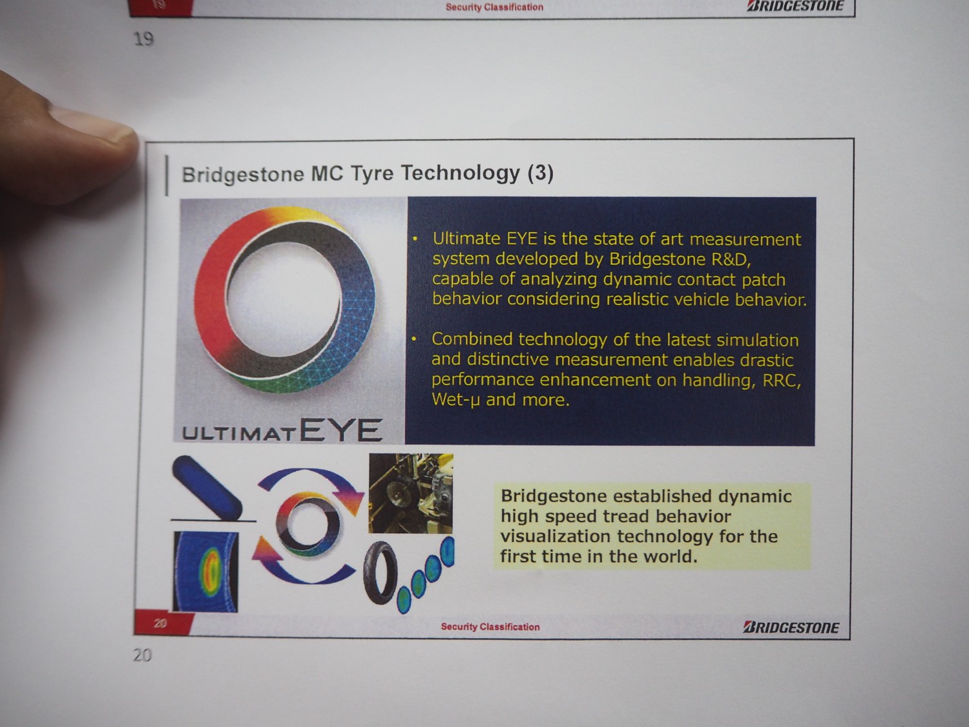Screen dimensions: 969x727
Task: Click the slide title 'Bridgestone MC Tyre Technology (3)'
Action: pos(368,174)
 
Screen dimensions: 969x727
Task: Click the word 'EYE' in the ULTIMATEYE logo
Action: pos(341,430)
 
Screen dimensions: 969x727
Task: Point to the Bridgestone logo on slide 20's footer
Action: pos(791,627)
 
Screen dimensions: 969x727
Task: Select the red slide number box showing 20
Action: pos(162,622)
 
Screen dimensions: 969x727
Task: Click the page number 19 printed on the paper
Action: pos(143,39)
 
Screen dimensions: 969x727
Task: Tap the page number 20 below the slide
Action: pos(142,655)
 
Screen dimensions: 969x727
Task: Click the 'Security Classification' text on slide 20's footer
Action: pos(490,627)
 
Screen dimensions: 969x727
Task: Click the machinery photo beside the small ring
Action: pos(411,493)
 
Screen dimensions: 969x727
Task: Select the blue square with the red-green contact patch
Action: pos(205,572)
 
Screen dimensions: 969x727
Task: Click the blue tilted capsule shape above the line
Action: pos(207,487)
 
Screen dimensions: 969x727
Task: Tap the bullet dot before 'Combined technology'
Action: pos(414,339)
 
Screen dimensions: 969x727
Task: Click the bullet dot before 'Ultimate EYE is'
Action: pos(415,239)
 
